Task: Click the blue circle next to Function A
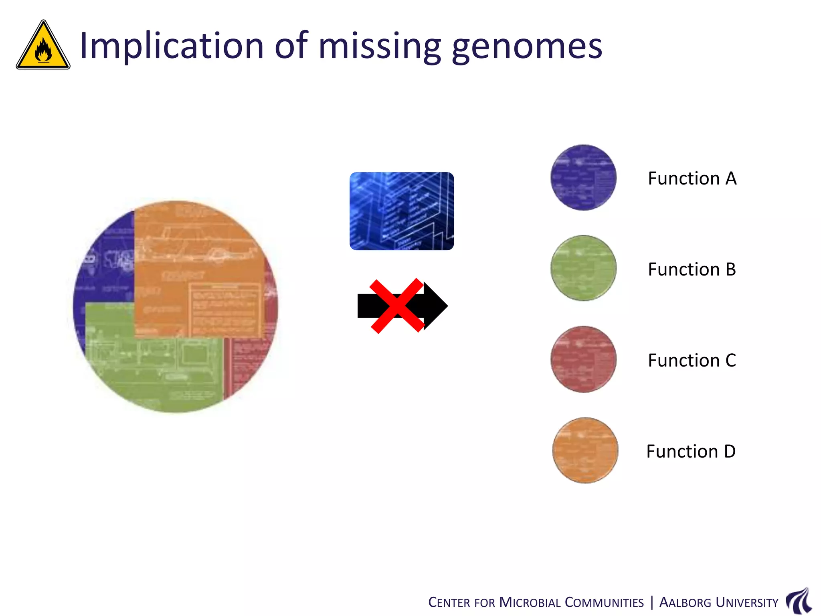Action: pos(583,178)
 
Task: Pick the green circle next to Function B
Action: pos(583,268)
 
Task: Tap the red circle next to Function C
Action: pos(583,359)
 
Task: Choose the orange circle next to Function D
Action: pos(585,450)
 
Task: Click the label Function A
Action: pos(692,178)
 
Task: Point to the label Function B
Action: pos(692,269)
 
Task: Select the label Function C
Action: pos(692,361)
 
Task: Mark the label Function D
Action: pos(691,452)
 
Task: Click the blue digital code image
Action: pos(401,211)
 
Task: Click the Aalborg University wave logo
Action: pos(799,600)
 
